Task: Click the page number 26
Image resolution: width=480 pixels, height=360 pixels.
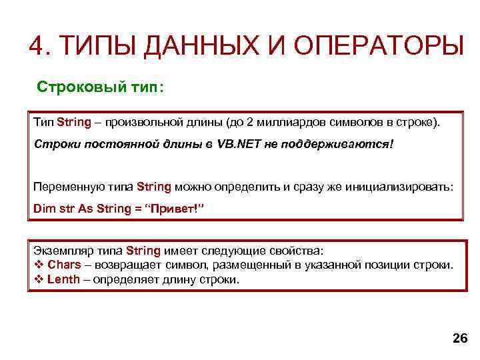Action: (460, 339)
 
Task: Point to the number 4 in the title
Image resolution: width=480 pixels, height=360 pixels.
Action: (37, 47)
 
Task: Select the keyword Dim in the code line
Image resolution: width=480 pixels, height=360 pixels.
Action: (43, 209)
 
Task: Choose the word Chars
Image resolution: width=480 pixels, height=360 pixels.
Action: (63, 265)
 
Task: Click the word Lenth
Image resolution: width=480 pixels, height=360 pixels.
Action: (63, 279)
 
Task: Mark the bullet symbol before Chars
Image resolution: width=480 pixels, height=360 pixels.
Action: (38, 265)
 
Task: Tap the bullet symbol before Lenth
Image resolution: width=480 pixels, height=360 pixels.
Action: (38, 279)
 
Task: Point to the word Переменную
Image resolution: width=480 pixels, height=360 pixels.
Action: (67, 187)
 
